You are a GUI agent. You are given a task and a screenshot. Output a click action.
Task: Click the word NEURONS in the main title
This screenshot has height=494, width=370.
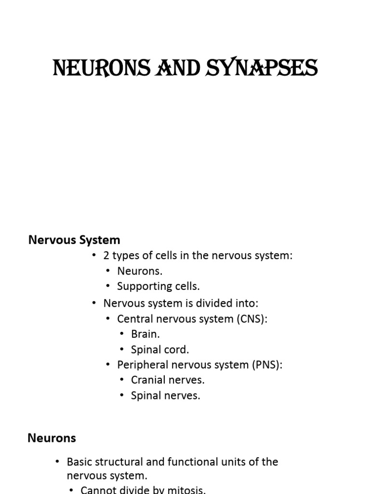92,68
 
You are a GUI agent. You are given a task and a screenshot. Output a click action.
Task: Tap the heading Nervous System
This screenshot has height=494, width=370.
74,240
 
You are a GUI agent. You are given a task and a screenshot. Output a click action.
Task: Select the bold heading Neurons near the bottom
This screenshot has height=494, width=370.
52,438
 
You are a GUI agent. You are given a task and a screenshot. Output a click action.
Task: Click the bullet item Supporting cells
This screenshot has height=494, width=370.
158,286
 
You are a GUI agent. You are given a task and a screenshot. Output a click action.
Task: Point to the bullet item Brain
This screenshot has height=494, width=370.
145,334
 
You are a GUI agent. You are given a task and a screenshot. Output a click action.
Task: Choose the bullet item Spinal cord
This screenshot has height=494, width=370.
160,349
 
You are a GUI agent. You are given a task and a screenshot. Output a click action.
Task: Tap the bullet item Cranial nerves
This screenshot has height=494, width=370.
168,380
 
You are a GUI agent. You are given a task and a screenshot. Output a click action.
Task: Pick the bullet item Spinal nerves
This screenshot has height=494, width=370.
165,396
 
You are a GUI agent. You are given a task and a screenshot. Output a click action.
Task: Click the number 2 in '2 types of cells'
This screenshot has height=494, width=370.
106,256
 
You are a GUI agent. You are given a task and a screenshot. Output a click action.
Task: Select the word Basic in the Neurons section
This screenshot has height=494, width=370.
79,462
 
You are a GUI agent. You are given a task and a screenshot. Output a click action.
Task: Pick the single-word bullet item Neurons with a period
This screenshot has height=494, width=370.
140,271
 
